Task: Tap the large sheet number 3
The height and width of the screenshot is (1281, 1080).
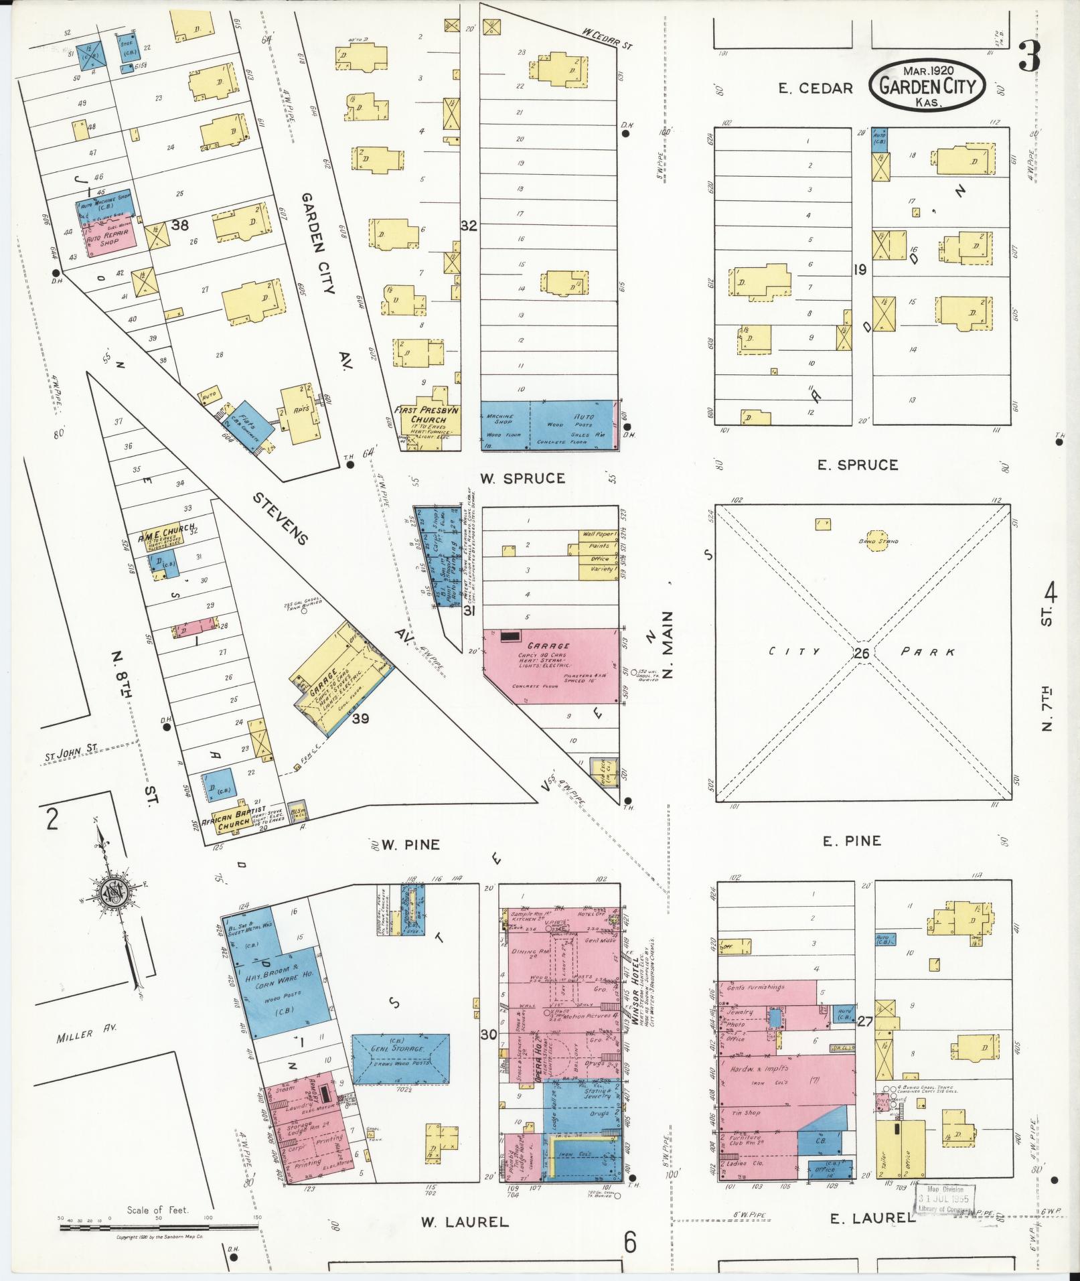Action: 1029,57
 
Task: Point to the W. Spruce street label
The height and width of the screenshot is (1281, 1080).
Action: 522,478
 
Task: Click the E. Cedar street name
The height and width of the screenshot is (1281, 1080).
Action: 815,88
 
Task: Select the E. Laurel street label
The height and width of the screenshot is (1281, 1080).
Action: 872,1218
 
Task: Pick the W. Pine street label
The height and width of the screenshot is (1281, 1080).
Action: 410,845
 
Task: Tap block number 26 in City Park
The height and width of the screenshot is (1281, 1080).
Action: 862,652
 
